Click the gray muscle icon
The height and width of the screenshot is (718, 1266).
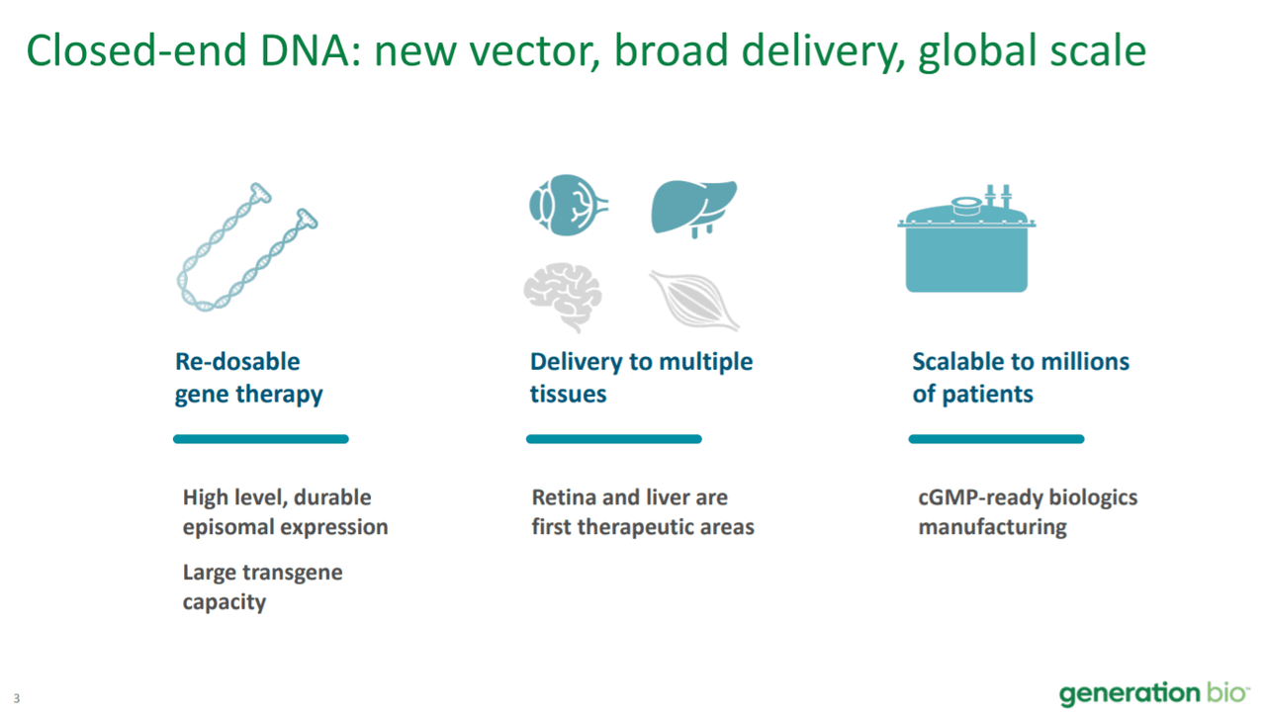pyautogui.click(x=694, y=300)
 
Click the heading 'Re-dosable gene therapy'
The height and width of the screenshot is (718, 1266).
pyautogui.click(x=248, y=378)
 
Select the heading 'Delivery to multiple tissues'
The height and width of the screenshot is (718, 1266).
pyautogui.click(x=641, y=378)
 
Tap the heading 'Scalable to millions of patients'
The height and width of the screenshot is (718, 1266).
pyautogui.click(x=1020, y=378)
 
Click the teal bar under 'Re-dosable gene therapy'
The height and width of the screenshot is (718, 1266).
pyautogui.click(x=261, y=439)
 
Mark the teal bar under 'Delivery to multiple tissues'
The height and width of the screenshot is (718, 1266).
pyautogui.click(x=613, y=439)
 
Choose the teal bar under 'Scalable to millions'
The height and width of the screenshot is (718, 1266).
pyautogui.click(x=996, y=439)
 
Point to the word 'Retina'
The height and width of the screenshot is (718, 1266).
pyautogui.click(x=563, y=497)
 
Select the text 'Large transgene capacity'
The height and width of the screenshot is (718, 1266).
pyautogui.click(x=262, y=586)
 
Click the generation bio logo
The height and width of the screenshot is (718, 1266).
pyautogui.click(x=1152, y=693)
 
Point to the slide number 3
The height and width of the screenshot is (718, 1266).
pyautogui.click(x=16, y=698)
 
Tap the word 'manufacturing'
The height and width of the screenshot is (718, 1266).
pyautogui.click(x=992, y=527)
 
